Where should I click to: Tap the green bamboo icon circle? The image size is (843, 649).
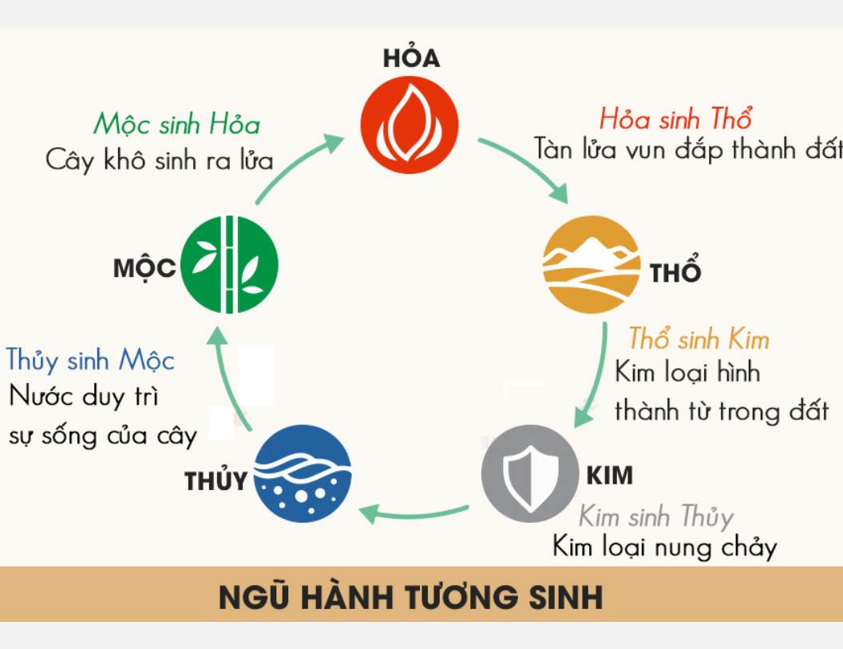pyautogui.click(x=230, y=264)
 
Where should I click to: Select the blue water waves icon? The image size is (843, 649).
pyautogui.click(x=302, y=474)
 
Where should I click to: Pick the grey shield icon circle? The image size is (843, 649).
pyautogui.click(x=529, y=474)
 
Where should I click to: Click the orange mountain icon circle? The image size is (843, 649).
pyautogui.click(x=592, y=264)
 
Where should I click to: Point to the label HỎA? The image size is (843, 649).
pyautogui.click(x=411, y=58)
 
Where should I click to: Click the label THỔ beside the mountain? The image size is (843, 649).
pyautogui.click(x=675, y=272)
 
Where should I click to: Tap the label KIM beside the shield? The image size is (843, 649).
pyautogui.click(x=609, y=476)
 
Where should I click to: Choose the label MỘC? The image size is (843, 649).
pyautogui.click(x=144, y=268)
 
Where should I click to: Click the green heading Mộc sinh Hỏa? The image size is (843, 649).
pyautogui.click(x=176, y=125)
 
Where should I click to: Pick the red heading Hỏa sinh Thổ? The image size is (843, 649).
pyautogui.click(x=675, y=120)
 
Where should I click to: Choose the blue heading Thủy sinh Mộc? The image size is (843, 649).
pyautogui.click(x=90, y=360)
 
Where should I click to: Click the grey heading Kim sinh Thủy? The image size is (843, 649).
pyautogui.click(x=655, y=516)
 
